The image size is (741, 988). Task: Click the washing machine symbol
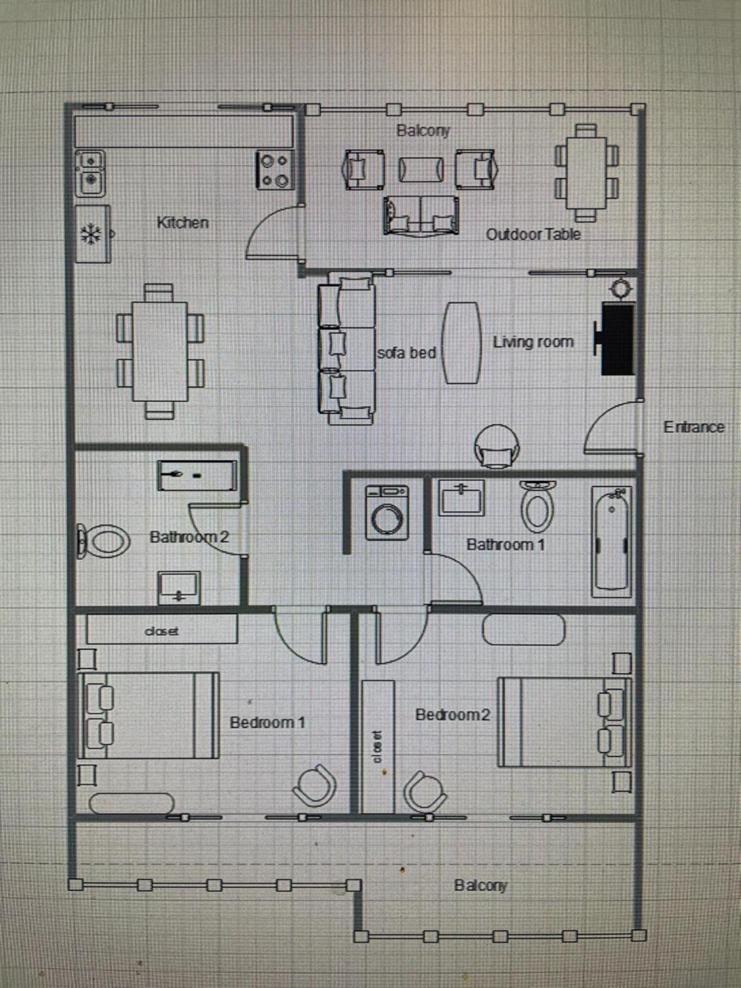(387, 512)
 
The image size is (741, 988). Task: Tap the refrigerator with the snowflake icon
(93, 234)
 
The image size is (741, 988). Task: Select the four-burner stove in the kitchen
(276, 170)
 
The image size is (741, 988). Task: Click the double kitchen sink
(90, 173)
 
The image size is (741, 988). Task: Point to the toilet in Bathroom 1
(537, 506)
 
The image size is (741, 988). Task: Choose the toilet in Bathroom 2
(103, 540)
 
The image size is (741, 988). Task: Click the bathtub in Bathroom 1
(612, 542)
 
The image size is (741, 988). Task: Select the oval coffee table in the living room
(461, 342)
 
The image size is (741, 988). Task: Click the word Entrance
(694, 427)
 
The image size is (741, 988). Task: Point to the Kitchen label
(182, 222)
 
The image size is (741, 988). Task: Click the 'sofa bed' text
(406, 352)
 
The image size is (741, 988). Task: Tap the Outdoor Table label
(533, 234)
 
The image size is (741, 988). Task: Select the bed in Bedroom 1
(148, 716)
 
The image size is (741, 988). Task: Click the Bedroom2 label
(452, 715)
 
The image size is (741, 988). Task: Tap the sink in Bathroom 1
(461, 497)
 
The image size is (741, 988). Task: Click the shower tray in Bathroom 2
(197, 475)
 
